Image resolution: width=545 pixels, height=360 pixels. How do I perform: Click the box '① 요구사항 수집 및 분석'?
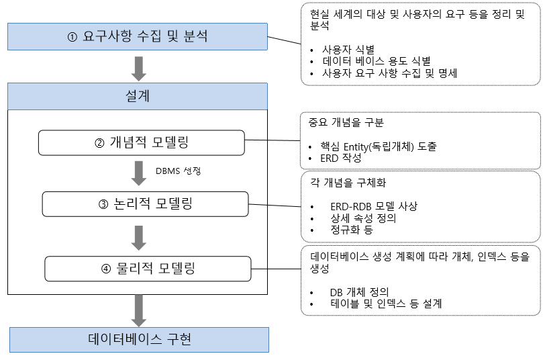(x=138, y=36)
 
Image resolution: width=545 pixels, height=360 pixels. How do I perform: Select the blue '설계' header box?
(x=138, y=97)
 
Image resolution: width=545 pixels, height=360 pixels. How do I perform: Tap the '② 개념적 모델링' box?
(x=141, y=142)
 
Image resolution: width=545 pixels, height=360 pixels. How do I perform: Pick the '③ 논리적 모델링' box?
(x=145, y=204)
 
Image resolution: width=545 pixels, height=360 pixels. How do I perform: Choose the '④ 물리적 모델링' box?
(x=148, y=268)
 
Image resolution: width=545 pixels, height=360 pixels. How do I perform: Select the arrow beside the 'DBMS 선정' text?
(x=139, y=172)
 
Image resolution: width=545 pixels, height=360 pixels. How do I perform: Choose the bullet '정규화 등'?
(x=350, y=230)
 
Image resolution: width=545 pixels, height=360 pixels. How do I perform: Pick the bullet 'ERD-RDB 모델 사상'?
(x=373, y=206)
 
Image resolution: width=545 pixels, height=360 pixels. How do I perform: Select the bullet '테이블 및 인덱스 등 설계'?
(x=385, y=304)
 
